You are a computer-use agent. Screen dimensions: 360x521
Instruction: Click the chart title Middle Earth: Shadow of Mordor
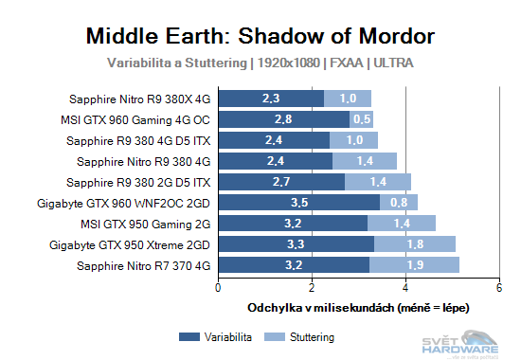point(260,36)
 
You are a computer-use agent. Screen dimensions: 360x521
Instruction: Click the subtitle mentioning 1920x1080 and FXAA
point(260,63)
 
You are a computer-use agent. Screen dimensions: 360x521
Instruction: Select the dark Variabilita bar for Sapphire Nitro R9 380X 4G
point(271,98)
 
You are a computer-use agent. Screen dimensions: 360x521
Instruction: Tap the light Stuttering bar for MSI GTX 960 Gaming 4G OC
point(361,119)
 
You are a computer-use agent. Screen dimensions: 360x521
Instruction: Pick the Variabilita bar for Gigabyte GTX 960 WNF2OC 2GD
point(299,202)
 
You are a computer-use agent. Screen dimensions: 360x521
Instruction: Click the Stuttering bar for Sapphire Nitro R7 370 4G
point(414,265)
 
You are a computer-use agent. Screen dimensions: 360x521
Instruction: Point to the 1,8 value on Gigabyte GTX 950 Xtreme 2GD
point(415,244)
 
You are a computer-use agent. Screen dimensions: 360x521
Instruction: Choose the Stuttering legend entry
point(304,337)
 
